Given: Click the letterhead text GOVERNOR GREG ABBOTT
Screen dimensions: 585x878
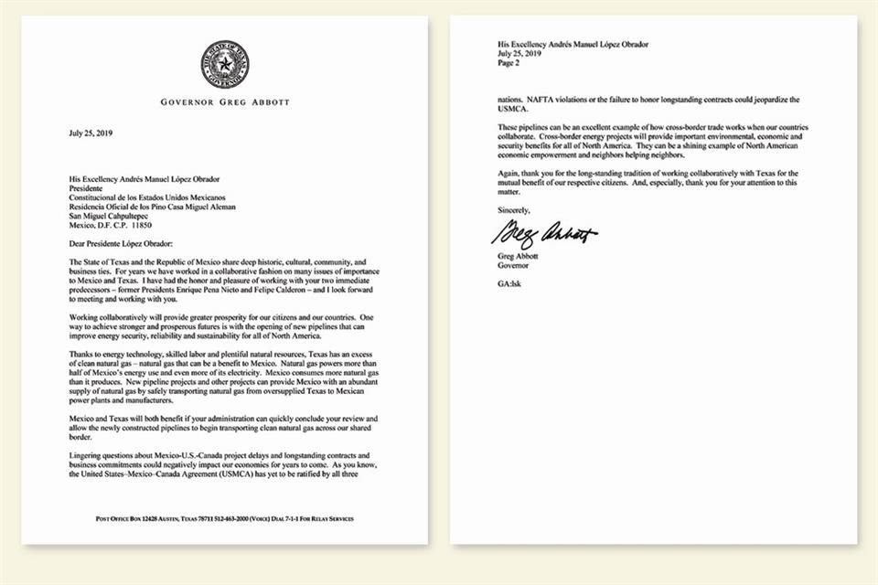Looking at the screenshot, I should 225,101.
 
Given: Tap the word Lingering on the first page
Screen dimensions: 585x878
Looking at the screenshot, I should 88,454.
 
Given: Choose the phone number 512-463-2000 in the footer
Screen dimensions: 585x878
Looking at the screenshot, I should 239,519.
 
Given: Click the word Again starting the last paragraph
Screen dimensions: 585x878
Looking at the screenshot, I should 510,172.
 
